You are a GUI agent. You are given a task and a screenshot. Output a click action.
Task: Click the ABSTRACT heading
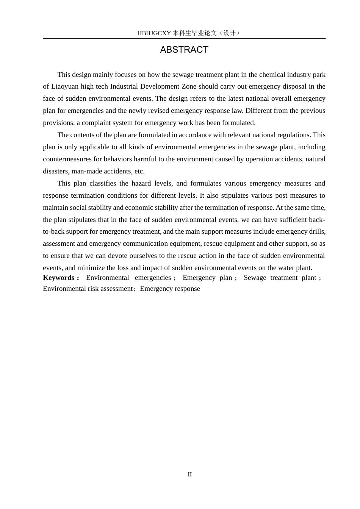[184, 50]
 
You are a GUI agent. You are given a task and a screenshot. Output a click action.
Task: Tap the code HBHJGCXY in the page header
[154, 33]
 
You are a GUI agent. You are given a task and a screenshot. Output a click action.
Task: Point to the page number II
[189, 475]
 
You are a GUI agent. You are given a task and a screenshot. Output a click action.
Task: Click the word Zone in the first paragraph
[189, 86]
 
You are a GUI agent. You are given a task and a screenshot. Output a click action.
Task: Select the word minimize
[91, 268]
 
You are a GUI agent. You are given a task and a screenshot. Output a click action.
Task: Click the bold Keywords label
[59, 278]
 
